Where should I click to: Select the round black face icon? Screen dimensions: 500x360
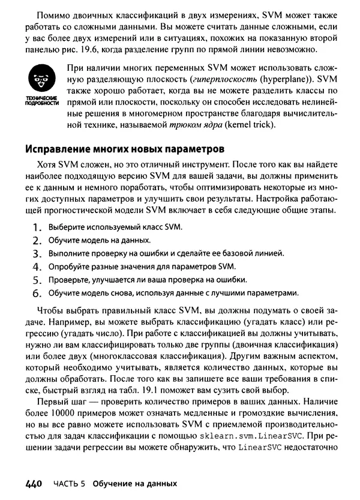point(40,79)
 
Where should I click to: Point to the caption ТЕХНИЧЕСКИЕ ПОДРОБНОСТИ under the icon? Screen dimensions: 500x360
point(41,100)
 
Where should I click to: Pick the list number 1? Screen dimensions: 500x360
point(37,228)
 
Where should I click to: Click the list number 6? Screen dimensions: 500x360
point(37,294)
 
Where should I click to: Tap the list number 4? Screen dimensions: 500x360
point(37,267)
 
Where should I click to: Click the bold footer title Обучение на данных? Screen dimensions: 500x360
point(135,483)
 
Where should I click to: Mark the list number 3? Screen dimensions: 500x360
point(37,254)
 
